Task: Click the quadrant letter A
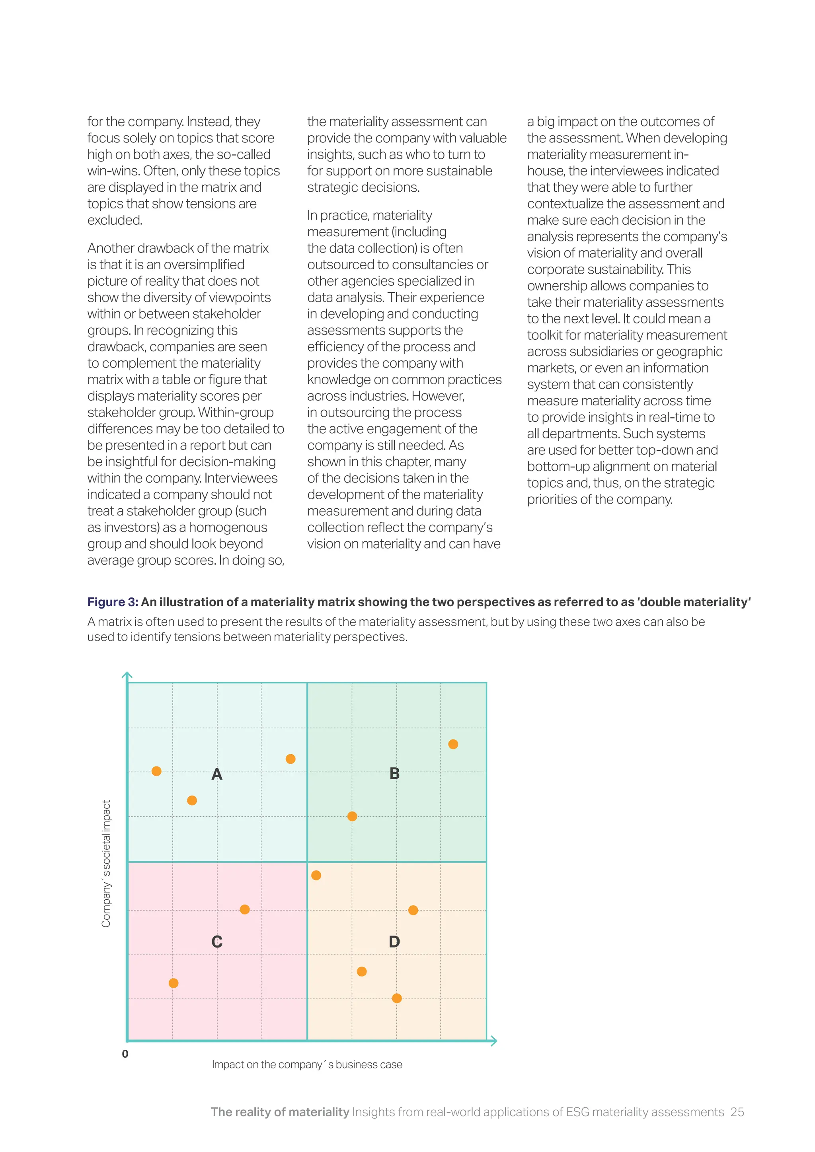coord(217,774)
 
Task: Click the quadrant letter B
coord(394,774)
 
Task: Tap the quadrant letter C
coord(217,942)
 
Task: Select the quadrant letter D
coord(394,942)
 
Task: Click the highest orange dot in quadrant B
coord(453,744)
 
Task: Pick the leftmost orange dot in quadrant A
coord(156,771)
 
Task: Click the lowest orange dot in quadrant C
coord(174,983)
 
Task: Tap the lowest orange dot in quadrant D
coord(397,998)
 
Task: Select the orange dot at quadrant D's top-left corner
coord(316,876)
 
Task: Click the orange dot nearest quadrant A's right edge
coord(291,759)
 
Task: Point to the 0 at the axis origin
coord(125,1054)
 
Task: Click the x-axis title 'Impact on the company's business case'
coord(307,1065)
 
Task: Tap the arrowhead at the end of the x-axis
coord(494,1041)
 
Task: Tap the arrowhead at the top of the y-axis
coord(127,675)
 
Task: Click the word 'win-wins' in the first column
coord(113,171)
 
